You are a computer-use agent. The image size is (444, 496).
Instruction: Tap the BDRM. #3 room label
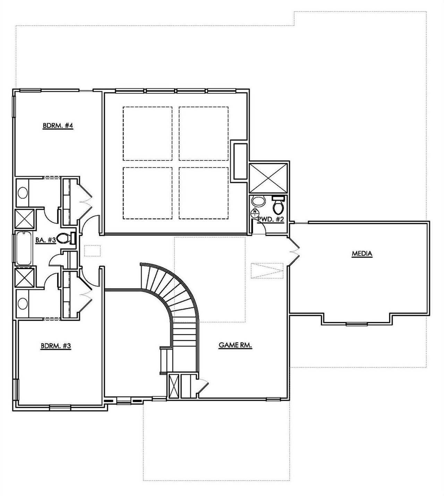(55, 346)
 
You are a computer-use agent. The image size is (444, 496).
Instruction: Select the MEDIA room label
(362, 254)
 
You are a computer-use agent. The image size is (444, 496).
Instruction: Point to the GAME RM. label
(235, 345)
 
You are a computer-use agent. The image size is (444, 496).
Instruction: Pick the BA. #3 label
(45, 240)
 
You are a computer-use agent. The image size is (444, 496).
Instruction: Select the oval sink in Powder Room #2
(258, 201)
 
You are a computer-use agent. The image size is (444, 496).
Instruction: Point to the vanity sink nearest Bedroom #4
(23, 193)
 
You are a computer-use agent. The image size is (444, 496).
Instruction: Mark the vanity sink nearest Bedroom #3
(23, 304)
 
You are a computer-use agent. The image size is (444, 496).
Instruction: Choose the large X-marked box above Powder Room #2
(269, 177)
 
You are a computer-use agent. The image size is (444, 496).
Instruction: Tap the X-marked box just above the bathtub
(25, 220)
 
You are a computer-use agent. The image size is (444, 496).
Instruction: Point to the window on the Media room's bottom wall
(357, 324)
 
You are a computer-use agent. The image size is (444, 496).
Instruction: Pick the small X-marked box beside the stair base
(173, 386)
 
